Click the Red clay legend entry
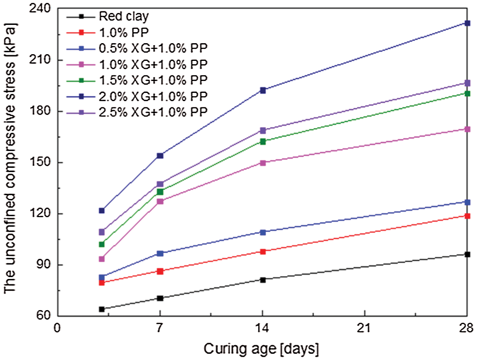[124, 17]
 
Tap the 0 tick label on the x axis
[58, 328]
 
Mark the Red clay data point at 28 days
[467, 255]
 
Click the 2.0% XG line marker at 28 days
[467, 23]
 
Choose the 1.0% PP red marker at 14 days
[262, 251]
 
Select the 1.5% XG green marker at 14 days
[262, 141]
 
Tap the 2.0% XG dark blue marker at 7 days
[160, 155]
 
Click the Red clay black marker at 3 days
[102, 309]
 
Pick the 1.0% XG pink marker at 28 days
[467, 129]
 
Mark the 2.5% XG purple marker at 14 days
[262, 130]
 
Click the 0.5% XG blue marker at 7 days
[160, 253]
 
